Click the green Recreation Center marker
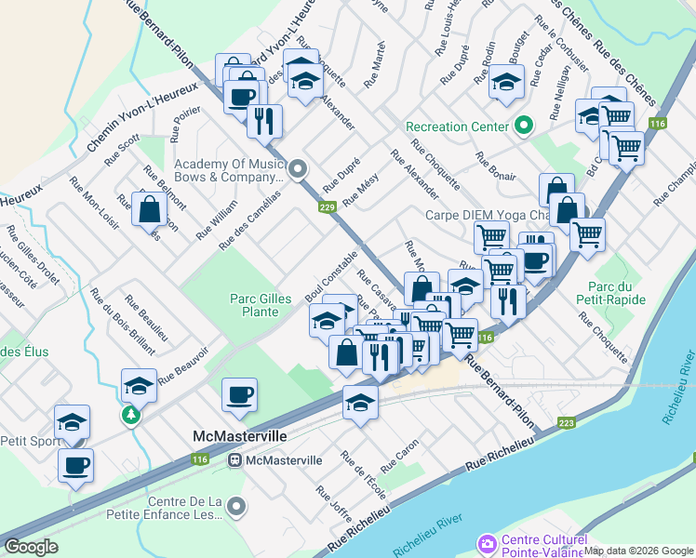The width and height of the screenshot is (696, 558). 523,126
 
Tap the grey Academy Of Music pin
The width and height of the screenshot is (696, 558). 297,168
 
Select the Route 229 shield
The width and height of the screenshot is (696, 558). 327,207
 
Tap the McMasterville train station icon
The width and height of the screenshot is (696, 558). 235,459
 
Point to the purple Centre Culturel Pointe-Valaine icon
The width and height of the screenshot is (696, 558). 486,542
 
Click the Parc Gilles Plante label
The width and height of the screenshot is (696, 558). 254,305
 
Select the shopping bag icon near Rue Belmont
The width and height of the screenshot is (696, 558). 149,210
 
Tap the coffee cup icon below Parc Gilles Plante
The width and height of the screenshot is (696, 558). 239,394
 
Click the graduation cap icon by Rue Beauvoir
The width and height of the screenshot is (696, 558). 138,385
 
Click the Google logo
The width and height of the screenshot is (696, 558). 32,546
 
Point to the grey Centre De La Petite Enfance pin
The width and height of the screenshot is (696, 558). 236,507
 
